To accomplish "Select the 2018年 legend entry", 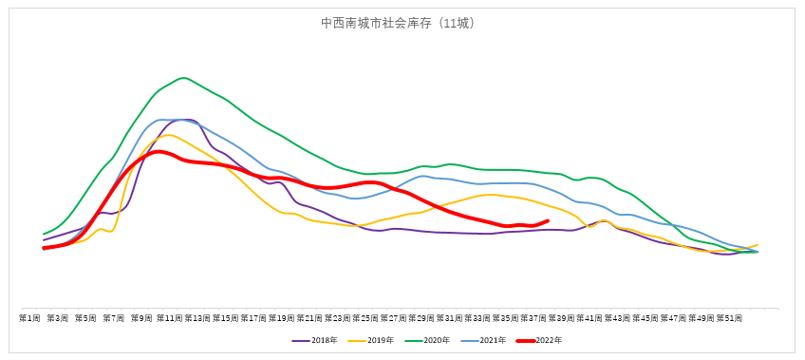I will click(x=318, y=340).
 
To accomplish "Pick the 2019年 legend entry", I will click(x=374, y=340).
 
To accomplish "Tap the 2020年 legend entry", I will click(x=430, y=340).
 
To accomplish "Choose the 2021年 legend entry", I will click(x=486, y=340).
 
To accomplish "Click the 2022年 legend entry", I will click(x=542, y=340).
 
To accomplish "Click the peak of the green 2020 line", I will click(x=183, y=78).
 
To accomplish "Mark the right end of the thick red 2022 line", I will click(x=548, y=221).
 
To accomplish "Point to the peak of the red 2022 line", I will click(x=158, y=151).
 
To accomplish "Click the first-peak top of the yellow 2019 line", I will click(x=168, y=135).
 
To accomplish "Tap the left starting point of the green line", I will click(x=44, y=234).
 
